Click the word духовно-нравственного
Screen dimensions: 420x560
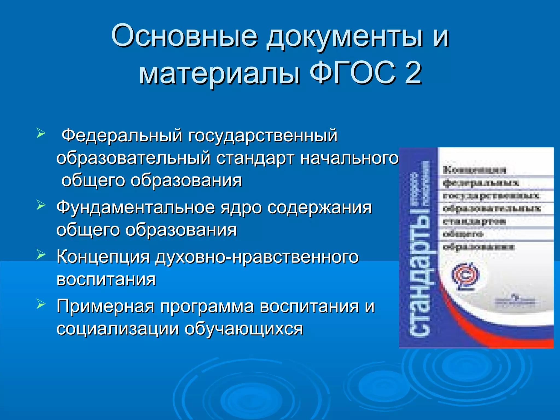(257, 257)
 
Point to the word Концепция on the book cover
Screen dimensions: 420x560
(474, 170)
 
